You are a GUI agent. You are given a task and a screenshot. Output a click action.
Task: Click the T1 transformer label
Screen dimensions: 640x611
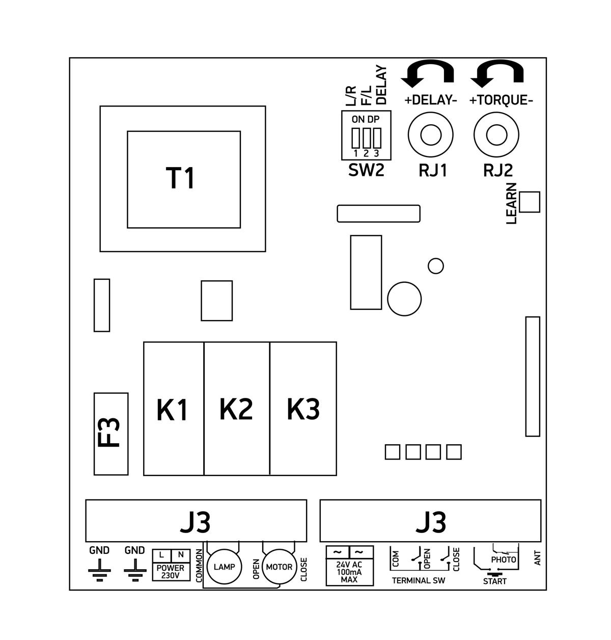tap(181, 178)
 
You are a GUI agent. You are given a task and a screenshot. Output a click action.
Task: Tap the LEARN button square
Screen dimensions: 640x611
tap(530, 202)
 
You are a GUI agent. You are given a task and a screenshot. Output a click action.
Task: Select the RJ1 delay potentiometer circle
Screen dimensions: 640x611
tap(430, 135)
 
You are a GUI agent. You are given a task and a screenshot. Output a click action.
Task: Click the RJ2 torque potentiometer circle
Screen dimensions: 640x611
tap(496, 135)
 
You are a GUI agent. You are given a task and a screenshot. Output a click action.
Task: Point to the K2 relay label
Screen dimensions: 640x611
tap(236, 409)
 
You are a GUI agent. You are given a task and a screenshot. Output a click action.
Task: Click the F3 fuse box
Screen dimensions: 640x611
tap(111, 434)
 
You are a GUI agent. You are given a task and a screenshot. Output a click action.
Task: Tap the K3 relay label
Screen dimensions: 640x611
tap(303, 409)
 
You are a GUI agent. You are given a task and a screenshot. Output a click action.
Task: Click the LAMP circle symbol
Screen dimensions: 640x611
tap(224, 567)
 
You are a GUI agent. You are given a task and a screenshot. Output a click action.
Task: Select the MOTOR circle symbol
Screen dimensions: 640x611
tap(279, 567)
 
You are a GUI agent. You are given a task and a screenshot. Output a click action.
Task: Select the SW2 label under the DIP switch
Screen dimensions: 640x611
tap(366, 170)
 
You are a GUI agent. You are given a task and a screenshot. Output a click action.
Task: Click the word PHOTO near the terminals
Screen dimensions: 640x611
tap(504, 559)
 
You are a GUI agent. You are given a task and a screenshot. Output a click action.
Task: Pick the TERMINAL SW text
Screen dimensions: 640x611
tap(418, 581)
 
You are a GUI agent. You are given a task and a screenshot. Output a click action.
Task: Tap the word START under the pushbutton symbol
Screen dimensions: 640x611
tap(495, 581)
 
